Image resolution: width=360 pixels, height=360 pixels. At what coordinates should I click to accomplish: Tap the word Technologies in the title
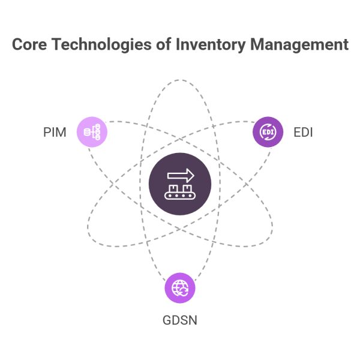click(95, 45)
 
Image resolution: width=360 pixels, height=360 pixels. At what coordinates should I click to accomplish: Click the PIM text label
click(55, 131)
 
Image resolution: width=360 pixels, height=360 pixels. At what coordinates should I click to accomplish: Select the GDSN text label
click(180, 320)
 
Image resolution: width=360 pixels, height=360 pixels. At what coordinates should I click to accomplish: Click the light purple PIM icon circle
click(92, 131)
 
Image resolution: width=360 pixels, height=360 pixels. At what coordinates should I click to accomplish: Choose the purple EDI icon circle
click(268, 131)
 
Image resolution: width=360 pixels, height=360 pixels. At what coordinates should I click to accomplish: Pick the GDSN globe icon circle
click(180, 288)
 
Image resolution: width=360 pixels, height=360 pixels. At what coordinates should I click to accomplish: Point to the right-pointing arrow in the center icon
click(181, 175)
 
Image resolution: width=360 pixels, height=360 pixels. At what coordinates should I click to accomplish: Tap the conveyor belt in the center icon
click(180, 195)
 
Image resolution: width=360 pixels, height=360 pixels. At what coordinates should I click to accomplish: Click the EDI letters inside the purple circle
click(268, 131)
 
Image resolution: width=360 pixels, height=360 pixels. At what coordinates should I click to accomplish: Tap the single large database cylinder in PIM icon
click(88, 131)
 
